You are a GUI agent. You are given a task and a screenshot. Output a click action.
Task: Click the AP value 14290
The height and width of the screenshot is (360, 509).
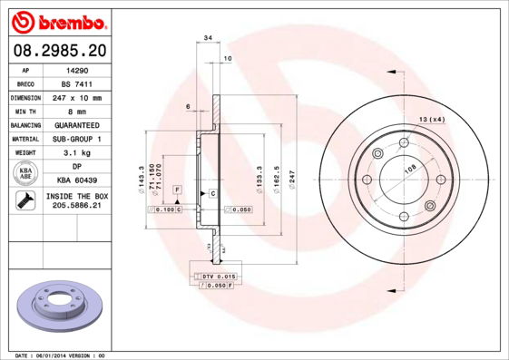(x=75, y=69)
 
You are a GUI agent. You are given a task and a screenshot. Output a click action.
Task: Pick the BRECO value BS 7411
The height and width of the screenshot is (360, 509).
(x=75, y=83)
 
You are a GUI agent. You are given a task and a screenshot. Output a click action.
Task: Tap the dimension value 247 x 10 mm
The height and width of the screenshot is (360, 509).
(x=75, y=97)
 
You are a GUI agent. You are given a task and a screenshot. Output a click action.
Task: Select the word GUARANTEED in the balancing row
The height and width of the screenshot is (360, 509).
(x=75, y=124)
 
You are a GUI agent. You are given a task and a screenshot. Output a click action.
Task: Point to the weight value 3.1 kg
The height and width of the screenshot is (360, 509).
(x=75, y=153)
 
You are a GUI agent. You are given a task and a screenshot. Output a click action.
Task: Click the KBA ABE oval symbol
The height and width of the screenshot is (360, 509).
(x=26, y=173)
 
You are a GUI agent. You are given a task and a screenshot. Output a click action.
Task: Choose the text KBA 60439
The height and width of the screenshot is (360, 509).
(x=75, y=180)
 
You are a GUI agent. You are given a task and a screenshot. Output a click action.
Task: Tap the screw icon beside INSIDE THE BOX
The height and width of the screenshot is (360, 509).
(x=24, y=201)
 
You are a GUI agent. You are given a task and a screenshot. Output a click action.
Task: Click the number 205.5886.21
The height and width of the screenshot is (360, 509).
(x=75, y=207)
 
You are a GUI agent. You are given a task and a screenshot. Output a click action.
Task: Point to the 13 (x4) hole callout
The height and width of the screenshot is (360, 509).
(x=431, y=119)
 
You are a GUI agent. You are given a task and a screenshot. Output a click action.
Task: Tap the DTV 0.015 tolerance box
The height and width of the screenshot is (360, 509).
(x=219, y=275)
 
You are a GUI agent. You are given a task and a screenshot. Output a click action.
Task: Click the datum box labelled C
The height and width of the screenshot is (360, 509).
(x=212, y=194)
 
